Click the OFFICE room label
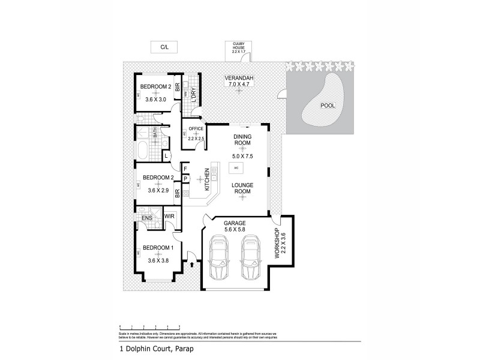pyautogui.click(x=197, y=129)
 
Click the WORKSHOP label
pyautogui.click(x=277, y=242)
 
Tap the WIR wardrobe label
pyautogui.click(x=169, y=215)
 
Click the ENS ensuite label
pyautogui.click(x=147, y=218)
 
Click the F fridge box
pyautogui.click(x=185, y=168)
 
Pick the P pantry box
pyautogui.click(x=185, y=178)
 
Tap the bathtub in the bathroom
pyautogui.click(x=145, y=149)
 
